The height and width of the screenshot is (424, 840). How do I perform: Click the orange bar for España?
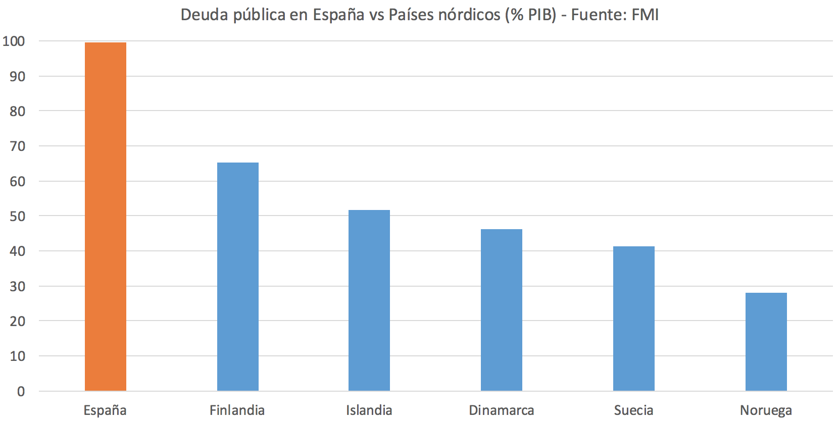pos(105,217)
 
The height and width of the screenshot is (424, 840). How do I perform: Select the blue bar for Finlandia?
pos(237,277)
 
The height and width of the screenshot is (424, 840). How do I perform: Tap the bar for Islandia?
pos(369,300)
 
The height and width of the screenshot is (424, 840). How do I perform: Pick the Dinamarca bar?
pos(501,310)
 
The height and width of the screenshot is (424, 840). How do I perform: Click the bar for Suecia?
pos(633,319)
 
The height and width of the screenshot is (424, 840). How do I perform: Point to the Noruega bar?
pos(766,342)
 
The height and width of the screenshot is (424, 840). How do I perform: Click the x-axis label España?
pos(105,410)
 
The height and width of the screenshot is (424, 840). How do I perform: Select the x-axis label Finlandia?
pos(237,410)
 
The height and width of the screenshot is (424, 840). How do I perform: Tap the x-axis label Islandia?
pos(369,410)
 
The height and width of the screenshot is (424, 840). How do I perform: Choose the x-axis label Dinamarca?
pos(501,410)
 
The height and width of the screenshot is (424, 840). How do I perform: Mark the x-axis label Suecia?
pos(633,410)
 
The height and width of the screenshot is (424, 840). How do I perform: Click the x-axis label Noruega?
pos(766,410)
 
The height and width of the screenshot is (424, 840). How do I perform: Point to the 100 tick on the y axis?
pos(14,41)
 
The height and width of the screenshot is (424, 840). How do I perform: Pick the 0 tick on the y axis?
pos(21,391)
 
